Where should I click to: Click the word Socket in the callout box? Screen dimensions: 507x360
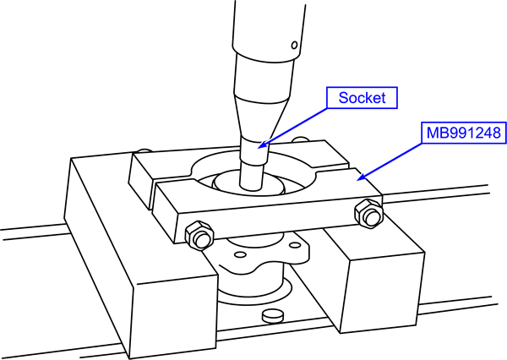[362, 98]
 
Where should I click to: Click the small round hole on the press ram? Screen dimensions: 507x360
[292, 44]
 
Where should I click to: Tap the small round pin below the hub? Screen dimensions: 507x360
[273, 317]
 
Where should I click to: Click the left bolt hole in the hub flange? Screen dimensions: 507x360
[226, 250]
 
